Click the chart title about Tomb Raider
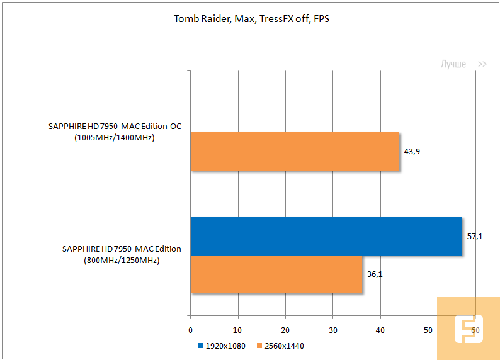[251, 19]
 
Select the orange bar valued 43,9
[295, 151]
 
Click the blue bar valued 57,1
[326, 236]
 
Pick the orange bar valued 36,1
[276, 274]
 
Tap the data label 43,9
[411, 152]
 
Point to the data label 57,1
[474, 237]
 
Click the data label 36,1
[375, 274]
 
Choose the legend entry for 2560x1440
[281, 346]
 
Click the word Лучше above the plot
[453, 64]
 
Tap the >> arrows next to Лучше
[482, 64]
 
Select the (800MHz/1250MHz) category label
[122, 260]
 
